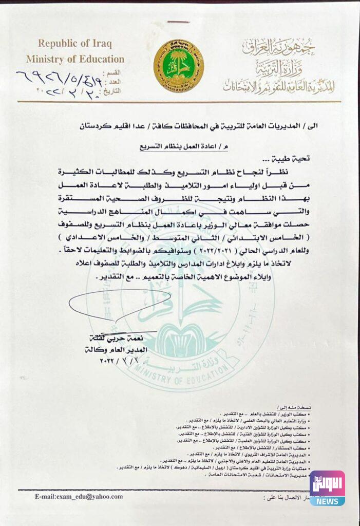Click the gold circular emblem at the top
coord(178,65)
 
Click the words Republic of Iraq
coord(74,43)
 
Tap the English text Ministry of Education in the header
coord(75,59)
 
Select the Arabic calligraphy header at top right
coord(280,67)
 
